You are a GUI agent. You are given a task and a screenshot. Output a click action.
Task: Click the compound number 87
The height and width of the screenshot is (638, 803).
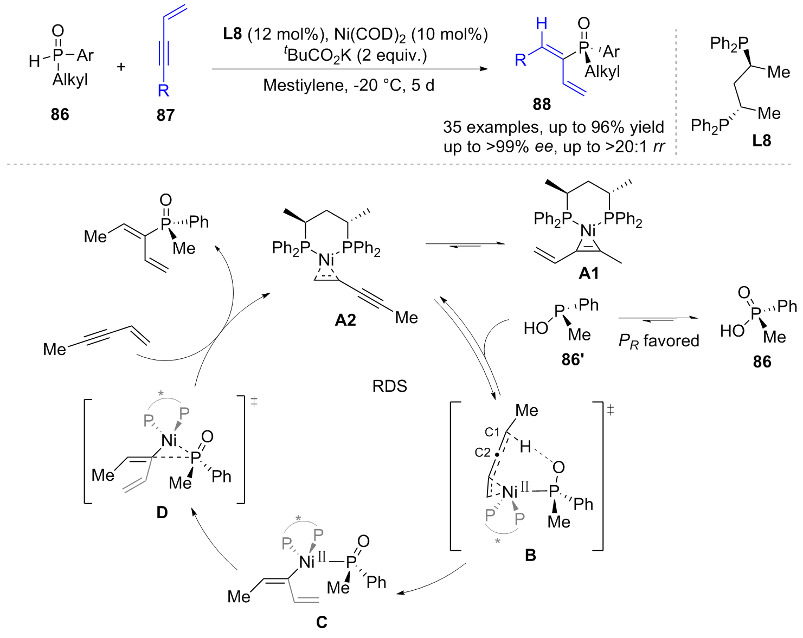click(x=165, y=115)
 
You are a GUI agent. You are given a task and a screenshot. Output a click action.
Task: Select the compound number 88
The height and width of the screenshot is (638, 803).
click(x=541, y=104)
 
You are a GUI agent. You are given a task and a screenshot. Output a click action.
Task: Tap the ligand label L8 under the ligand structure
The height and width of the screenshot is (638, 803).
click(x=761, y=141)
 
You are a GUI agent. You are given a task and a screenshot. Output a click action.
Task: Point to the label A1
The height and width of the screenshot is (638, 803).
click(x=589, y=273)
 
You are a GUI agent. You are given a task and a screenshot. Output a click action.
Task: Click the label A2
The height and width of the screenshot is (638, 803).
click(x=345, y=320)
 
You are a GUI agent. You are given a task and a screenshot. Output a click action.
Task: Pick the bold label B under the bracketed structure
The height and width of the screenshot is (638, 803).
click(x=530, y=555)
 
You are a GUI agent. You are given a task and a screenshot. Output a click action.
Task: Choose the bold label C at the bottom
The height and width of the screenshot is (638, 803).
click(x=322, y=622)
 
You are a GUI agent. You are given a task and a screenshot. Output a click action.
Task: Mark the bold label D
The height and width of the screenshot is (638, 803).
click(x=162, y=512)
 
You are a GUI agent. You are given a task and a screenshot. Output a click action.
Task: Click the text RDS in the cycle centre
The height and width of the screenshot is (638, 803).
click(x=389, y=386)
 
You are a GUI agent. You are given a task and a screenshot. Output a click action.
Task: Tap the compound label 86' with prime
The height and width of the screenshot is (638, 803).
click(x=572, y=359)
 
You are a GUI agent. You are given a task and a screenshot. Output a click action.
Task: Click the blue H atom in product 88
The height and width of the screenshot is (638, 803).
click(x=541, y=24)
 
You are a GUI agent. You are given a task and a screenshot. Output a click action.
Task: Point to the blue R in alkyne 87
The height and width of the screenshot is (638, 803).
click(x=163, y=90)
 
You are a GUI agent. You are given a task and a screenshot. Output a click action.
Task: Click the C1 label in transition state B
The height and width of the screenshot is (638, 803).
click(x=492, y=432)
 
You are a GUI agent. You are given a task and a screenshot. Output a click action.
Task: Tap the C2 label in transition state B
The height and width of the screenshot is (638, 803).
click(x=482, y=452)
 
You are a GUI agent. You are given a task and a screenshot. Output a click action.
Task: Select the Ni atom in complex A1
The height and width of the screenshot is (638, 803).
click(x=588, y=231)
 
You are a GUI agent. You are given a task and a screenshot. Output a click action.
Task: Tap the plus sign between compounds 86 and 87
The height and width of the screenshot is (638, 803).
click(x=121, y=67)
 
